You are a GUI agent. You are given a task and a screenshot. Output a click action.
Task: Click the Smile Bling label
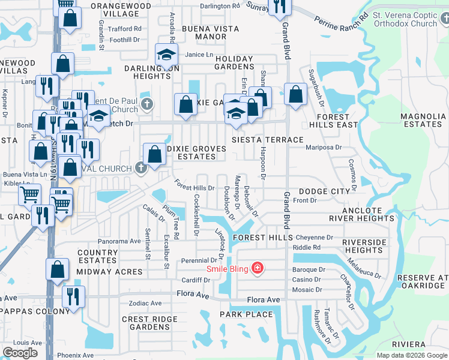coord(229,268)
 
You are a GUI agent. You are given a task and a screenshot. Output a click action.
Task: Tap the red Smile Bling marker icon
coord(258,268)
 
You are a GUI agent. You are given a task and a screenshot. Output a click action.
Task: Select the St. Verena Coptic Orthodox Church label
coord(405,19)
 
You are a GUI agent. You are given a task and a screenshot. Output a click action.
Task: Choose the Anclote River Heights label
coord(376,215)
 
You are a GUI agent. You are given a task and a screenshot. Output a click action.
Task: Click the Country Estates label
coord(97,257)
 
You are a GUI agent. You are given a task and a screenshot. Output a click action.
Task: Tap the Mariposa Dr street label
coord(323,146)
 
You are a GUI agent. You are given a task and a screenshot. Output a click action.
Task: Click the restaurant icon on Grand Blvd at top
coord(280,7)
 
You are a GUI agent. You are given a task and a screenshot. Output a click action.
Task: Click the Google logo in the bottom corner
coord(20,353)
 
